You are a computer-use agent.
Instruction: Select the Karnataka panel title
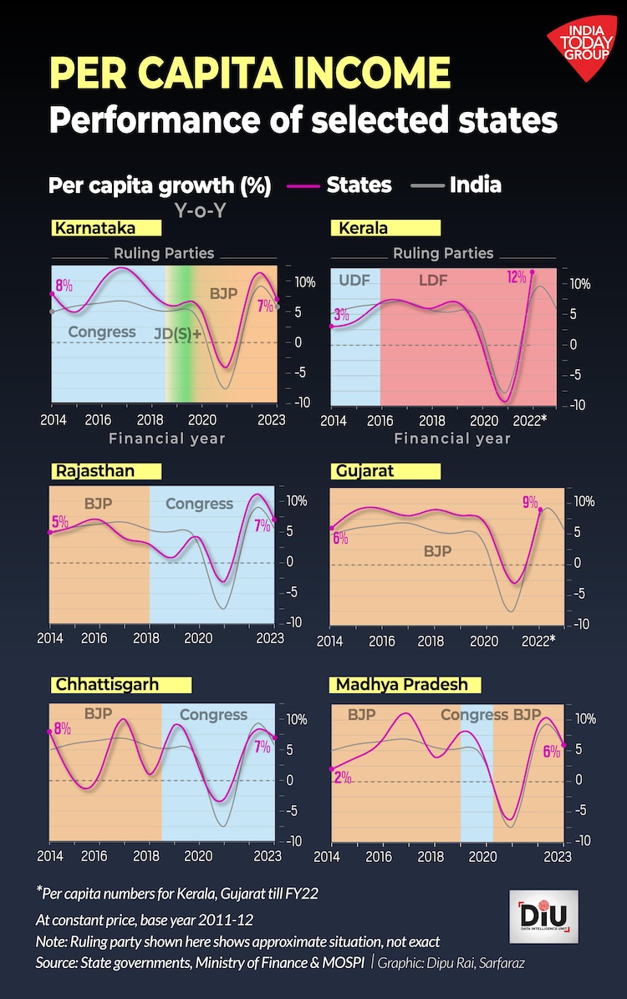[x=94, y=228]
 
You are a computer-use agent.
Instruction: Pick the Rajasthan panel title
[x=94, y=471]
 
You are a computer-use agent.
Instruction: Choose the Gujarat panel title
[x=365, y=471]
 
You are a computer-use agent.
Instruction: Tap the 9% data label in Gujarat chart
[x=530, y=502]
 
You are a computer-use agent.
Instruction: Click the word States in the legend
[x=359, y=185]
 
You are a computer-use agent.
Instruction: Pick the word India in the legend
[x=475, y=185]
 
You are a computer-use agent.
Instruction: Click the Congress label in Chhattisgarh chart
[x=213, y=715]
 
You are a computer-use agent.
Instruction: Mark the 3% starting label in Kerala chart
[x=341, y=315]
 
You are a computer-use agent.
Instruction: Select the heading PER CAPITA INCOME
[x=250, y=74]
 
